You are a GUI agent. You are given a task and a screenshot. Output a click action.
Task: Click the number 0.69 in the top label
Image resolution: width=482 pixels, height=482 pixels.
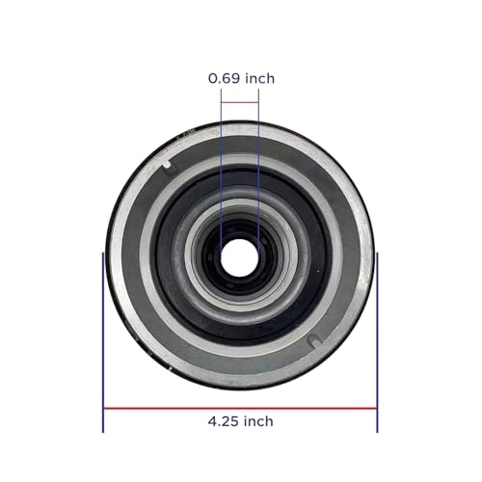point(225,78)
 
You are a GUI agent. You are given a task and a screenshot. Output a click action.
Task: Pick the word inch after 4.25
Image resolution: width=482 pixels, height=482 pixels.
point(257,421)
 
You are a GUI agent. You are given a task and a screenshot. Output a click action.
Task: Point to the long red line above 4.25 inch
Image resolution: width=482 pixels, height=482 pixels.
point(240,407)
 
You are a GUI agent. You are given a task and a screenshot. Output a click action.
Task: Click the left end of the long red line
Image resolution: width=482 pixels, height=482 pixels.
point(105,407)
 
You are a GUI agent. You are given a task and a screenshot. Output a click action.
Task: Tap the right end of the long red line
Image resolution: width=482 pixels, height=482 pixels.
point(375,407)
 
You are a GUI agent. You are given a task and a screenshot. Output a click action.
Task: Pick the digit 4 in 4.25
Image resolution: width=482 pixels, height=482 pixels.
point(211,421)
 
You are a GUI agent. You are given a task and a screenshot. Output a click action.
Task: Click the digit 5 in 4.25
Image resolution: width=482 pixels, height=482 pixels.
point(235,421)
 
